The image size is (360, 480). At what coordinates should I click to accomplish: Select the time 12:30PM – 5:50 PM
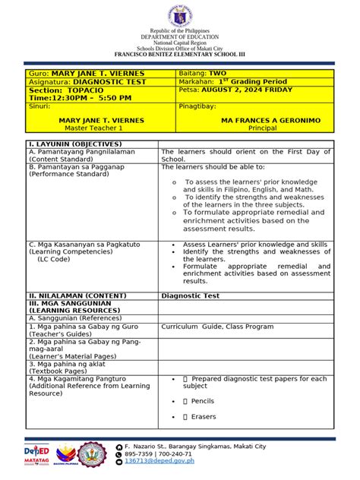click(91, 98)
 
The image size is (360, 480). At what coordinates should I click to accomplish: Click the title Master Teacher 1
click(91, 128)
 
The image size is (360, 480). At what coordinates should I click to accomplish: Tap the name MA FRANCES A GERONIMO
click(270, 121)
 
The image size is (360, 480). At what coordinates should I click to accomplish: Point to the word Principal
click(270, 128)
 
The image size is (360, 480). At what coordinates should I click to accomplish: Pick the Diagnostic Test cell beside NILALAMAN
click(190, 295)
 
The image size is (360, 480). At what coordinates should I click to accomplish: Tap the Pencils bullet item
click(202, 401)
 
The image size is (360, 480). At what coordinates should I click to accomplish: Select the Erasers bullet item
click(203, 416)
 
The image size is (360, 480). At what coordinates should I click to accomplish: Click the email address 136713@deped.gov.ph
click(159, 460)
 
